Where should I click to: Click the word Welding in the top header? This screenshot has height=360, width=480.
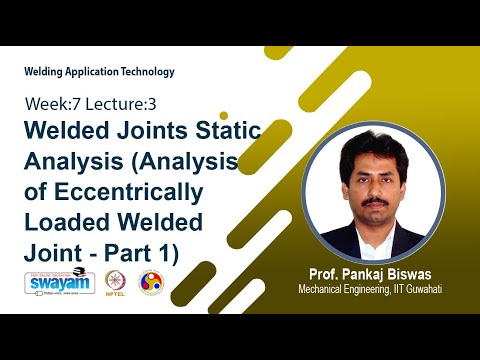[44, 72]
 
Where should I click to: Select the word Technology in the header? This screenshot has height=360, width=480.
[146, 72]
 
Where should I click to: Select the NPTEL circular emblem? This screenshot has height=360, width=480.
[116, 282]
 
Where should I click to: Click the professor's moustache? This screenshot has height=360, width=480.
[374, 199]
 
